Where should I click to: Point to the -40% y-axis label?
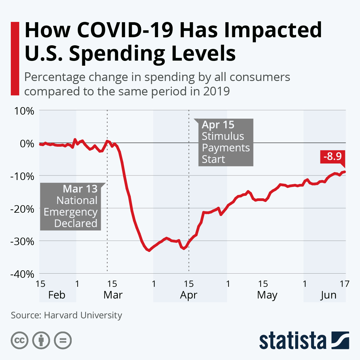22,274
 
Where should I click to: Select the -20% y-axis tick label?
22,208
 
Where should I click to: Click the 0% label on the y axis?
27,143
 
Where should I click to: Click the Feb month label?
57,295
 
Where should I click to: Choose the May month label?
267,295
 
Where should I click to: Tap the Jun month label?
328,295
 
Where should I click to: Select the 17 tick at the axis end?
344,283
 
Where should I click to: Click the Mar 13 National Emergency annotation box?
71,206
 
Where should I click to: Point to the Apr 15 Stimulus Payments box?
226,142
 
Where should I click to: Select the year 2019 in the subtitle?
216,91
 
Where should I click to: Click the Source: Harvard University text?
67,315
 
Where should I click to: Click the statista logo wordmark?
292,341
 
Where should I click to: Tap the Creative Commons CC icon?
19,340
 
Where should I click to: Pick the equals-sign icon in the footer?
63,340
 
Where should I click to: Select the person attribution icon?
41,340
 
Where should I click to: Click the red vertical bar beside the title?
15,58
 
